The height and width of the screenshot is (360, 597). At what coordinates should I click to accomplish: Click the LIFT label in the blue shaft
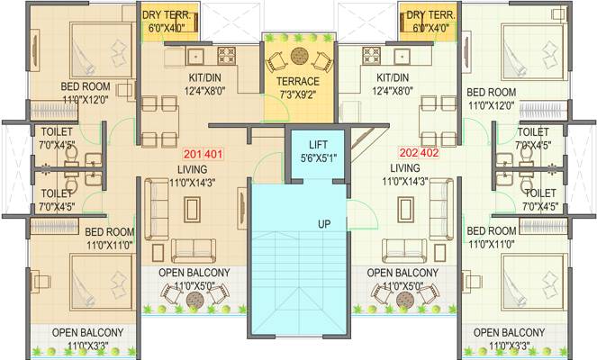318,145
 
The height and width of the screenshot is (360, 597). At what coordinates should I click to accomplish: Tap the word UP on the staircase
324,224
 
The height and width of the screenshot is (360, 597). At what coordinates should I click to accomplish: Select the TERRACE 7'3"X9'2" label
298,88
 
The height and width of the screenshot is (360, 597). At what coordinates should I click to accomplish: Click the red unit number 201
193,154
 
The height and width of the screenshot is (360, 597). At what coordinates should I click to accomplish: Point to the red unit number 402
430,153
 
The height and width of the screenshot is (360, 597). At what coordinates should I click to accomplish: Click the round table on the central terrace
299,56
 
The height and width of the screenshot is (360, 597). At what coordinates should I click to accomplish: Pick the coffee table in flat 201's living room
193,210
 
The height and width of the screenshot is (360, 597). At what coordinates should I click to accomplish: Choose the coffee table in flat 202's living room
405,210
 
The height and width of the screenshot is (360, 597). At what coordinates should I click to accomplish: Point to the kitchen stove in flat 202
372,56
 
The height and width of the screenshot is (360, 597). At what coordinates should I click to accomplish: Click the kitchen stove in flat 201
227,56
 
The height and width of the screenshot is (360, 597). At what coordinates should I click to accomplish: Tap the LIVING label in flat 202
405,167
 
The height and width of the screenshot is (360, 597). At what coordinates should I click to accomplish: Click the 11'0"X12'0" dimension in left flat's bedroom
86,100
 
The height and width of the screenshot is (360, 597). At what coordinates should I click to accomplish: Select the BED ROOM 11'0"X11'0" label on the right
492,238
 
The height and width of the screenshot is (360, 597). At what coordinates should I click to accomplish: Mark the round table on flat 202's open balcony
404,300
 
